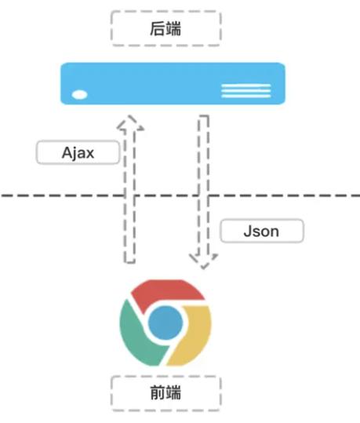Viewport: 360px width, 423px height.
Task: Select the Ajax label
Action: coord(78,152)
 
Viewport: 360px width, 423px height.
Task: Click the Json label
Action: coord(262,232)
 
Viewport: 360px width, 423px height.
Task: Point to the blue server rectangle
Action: coord(173,83)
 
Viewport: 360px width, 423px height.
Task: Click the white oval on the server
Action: coord(79,95)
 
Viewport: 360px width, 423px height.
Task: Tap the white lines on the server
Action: coord(246,91)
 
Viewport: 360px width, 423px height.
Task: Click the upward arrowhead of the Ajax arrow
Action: coord(130,122)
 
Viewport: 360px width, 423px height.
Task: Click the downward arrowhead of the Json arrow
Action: coord(204,261)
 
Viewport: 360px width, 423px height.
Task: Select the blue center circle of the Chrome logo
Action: coord(165,323)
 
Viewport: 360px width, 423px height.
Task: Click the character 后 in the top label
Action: coord(157,28)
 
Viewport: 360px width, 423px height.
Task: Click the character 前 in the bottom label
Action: coord(157,392)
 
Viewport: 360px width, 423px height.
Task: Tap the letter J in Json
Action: coord(247,232)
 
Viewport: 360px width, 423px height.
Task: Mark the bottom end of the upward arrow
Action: coord(129,262)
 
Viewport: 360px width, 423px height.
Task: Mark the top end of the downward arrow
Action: coord(204,116)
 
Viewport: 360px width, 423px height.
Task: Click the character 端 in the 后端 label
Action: coord(173,28)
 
